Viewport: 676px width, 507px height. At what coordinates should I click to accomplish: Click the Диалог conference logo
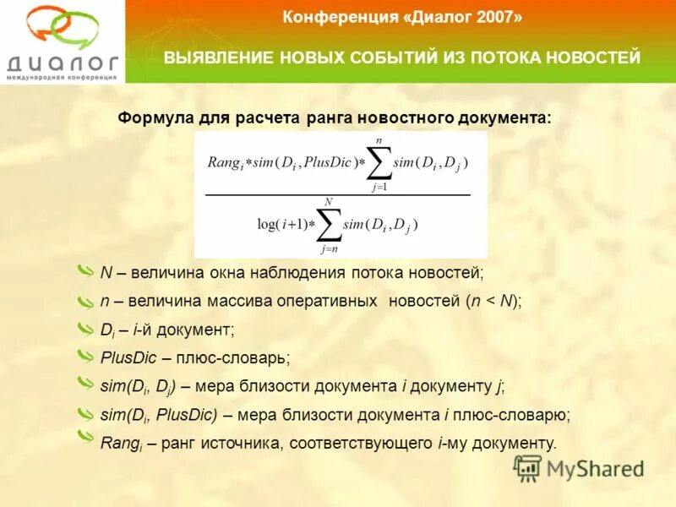[62, 41]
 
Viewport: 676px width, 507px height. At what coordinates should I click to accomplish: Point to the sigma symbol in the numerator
[379, 163]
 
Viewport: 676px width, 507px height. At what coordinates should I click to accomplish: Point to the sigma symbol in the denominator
[330, 225]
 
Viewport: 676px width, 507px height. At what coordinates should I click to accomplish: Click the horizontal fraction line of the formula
[338, 195]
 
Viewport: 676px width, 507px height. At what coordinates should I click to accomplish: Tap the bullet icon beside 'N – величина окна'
[85, 271]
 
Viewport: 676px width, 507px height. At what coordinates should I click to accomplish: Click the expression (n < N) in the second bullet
[493, 300]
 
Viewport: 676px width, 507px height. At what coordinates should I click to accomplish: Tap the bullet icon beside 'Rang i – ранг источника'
[85, 437]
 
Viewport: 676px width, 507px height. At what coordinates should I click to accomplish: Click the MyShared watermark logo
[579, 469]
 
